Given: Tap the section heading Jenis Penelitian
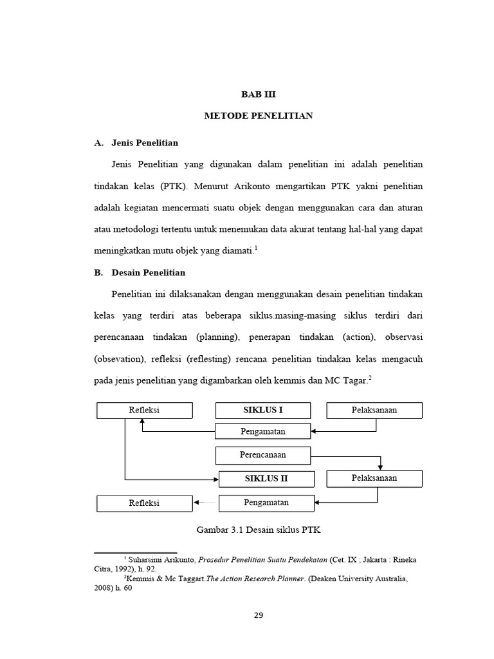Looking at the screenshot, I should tap(145, 142).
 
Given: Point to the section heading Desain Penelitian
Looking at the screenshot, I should tap(149, 272).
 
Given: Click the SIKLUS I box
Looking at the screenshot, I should tap(262, 410).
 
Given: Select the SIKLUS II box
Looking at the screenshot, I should tap(266, 479).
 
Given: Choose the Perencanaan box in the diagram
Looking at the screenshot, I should tap(262, 455).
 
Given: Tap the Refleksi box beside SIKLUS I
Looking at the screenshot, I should tap(144, 410).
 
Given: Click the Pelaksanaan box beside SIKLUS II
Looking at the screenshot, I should tap(374, 478).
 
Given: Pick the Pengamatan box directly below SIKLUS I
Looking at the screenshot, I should tap(262, 431).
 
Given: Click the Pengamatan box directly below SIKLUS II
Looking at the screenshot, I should tap(266, 503).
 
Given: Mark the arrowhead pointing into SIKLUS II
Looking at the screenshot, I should tap(215, 479).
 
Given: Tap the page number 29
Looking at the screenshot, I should tap(259, 615).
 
